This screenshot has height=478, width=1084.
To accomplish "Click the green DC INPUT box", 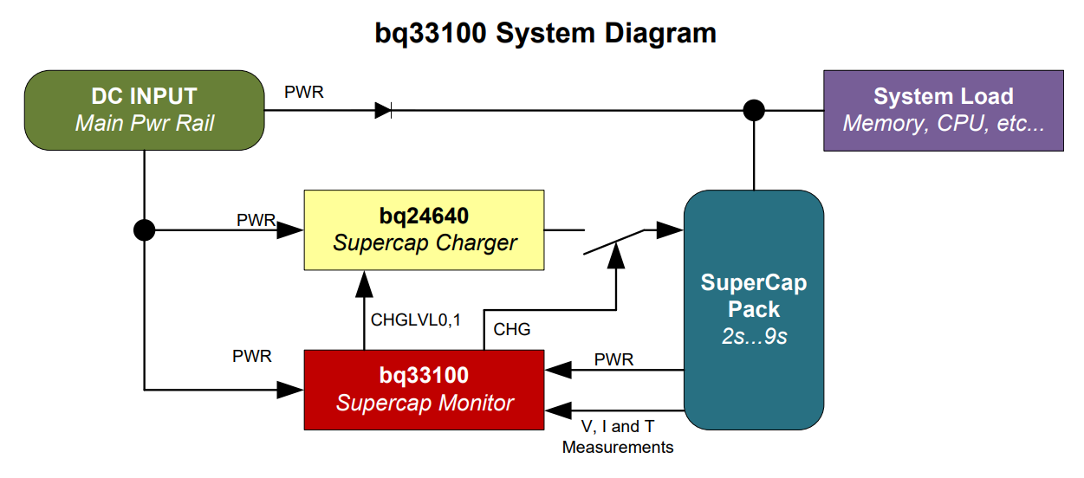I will coord(144,109).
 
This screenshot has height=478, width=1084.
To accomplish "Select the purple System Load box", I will coord(943,110).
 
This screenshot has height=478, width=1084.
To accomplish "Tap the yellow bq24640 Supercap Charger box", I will coord(424,230).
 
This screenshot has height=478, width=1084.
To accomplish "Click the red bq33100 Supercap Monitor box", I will coord(424,389).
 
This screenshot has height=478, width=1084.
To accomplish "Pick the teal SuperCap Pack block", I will coord(753,310).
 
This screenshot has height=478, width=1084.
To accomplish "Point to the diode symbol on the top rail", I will coord(383,110).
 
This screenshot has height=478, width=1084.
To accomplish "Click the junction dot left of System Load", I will coord(755,110).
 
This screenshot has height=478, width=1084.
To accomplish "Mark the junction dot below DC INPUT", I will coord(144,230).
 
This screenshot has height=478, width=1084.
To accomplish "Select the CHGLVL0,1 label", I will coord(416,320).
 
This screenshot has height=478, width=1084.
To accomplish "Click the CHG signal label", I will coord(511,330).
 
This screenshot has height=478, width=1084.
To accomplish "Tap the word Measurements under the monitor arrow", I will coord(618,448).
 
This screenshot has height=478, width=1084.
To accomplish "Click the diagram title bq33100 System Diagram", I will coord(545,33).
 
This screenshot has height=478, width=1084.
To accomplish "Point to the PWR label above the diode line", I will coord(304,92).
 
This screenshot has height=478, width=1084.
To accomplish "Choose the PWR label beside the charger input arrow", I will coord(256,220).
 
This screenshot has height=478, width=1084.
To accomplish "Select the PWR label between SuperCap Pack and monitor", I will coord(613,359).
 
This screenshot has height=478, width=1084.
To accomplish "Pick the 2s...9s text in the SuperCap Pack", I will coord(754,338).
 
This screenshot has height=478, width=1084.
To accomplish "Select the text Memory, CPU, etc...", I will coord(943,123).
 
